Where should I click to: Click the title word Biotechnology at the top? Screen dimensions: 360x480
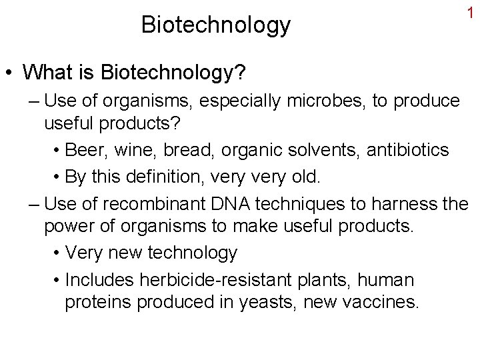[216, 25]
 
